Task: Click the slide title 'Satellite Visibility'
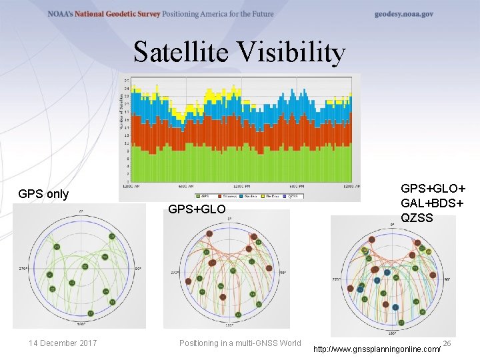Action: [x=239, y=52]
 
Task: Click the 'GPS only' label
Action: [x=43, y=194]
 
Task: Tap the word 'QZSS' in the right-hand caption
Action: [x=417, y=218]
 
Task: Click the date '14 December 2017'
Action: [x=63, y=343]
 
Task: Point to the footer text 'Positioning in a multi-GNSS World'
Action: [x=240, y=343]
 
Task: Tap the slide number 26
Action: [x=447, y=343]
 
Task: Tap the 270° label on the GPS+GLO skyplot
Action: [x=175, y=273]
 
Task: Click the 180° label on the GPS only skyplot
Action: [x=80, y=325]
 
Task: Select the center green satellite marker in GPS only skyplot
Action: [x=85, y=267]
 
